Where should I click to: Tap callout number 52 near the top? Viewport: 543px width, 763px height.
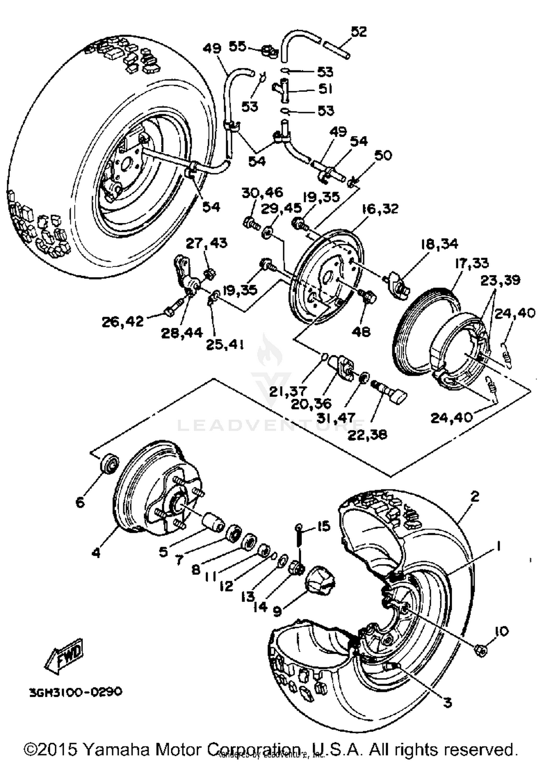click(x=359, y=32)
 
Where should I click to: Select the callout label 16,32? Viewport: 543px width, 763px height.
click(x=380, y=209)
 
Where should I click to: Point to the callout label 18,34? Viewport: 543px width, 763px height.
click(x=439, y=244)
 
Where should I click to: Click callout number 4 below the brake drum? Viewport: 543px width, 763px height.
click(x=96, y=553)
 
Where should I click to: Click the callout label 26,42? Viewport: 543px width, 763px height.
click(x=123, y=321)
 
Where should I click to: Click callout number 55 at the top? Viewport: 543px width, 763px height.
click(x=237, y=46)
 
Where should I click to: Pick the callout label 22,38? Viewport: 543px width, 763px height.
click(x=367, y=434)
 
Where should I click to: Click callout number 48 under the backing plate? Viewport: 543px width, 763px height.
click(x=361, y=331)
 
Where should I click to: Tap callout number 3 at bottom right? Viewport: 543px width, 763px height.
click(x=448, y=703)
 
